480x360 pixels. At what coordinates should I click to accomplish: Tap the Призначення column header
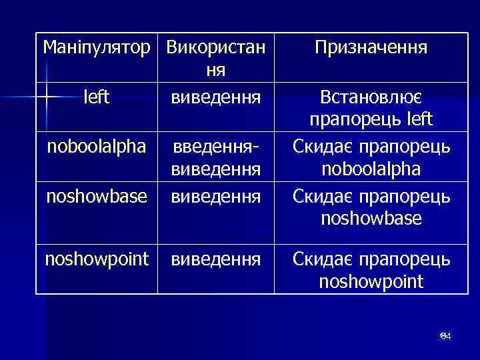[371, 47]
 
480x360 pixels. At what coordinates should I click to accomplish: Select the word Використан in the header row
[215, 47]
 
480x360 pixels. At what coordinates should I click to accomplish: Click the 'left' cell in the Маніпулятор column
[97, 97]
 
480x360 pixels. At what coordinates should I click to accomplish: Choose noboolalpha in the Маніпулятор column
[97, 147]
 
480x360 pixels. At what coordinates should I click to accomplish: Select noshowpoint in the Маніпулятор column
[97, 259]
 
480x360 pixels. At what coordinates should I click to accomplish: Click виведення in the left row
[215, 97]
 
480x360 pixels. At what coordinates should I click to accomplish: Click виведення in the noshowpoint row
[215, 259]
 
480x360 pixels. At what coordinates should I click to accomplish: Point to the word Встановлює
[371, 97]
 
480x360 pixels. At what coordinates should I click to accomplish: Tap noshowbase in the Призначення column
[371, 218]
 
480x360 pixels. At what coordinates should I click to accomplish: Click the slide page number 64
[445, 337]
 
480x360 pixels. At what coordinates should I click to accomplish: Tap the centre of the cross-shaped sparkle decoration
[47, 97]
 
